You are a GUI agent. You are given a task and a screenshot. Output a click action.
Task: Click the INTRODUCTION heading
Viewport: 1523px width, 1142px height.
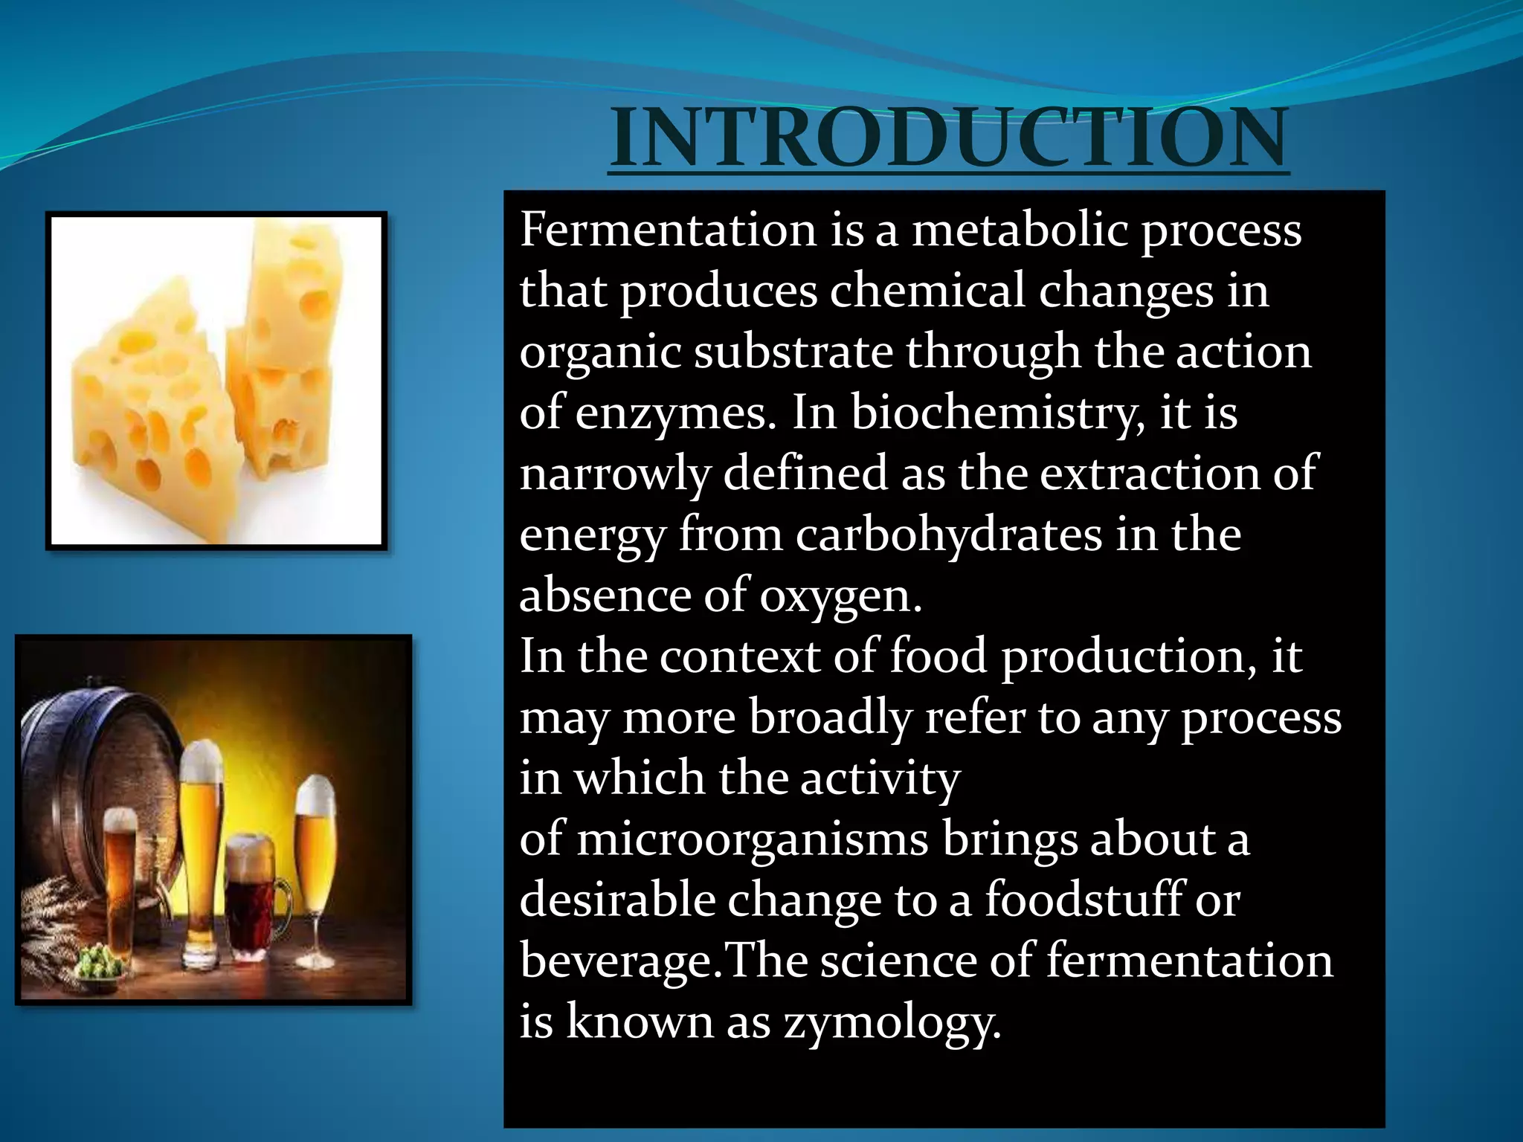[949, 138]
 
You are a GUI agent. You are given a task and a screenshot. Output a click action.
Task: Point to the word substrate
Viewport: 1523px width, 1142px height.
[793, 352]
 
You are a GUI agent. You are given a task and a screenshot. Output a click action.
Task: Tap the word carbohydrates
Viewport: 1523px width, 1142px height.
[949, 535]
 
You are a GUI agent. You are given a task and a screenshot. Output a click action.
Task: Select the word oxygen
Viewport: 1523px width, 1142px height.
[840, 597]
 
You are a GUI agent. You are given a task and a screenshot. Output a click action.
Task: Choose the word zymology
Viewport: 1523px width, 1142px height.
[892, 1022]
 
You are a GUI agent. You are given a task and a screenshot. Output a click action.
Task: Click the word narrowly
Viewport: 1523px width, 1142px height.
[614, 474]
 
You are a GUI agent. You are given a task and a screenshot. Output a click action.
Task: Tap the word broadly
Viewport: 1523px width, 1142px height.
[830, 717]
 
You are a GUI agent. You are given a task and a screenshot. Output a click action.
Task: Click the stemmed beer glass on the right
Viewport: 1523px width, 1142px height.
[315, 855]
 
